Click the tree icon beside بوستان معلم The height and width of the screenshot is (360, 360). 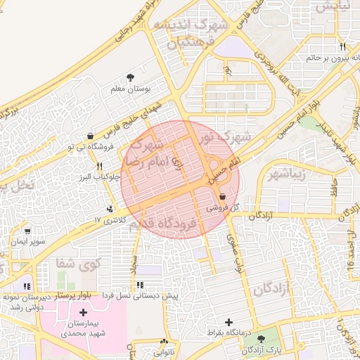(x=130, y=78)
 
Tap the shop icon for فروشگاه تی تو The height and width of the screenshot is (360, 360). (x=90, y=136)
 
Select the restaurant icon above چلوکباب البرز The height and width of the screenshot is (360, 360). (x=99, y=167)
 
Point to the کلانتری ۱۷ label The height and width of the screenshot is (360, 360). (x=108, y=221)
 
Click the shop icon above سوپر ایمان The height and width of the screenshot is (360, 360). (x=27, y=231)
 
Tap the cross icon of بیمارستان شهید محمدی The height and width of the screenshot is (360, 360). (x=84, y=311)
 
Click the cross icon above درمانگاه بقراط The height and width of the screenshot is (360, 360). (x=229, y=322)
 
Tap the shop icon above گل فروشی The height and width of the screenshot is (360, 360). (x=223, y=197)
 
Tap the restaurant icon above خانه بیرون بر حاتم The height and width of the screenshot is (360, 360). (x=342, y=46)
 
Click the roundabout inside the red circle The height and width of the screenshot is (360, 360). (x=213, y=167)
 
